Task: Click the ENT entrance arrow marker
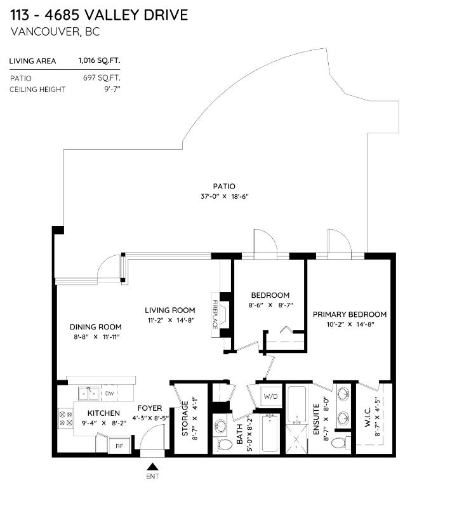click(x=152, y=466)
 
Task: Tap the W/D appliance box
click(x=271, y=397)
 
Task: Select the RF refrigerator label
click(x=119, y=446)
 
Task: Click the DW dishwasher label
click(x=109, y=393)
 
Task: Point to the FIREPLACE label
click(x=215, y=314)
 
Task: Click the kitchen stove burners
click(x=65, y=419)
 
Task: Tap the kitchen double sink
click(x=89, y=393)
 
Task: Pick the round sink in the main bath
click(x=220, y=426)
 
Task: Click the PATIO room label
click(x=224, y=187)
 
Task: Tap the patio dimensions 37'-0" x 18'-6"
click(x=225, y=197)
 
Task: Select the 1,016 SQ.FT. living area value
click(x=99, y=60)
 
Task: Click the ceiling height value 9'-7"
click(x=112, y=90)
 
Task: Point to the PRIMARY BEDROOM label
click(x=350, y=314)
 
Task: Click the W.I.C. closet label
click(x=367, y=416)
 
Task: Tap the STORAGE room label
click(x=185, y=418)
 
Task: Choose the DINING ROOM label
click(x=95, y=327)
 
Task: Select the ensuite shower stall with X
click(x=297, y=439)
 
